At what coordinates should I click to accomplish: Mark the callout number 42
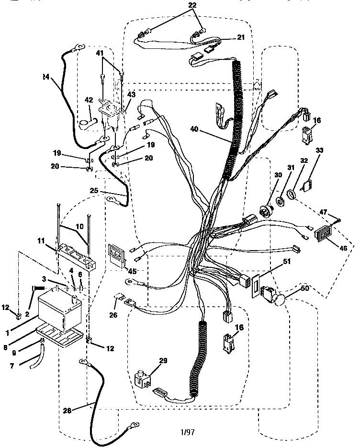coord(89,100)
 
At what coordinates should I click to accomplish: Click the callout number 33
coord(320,150)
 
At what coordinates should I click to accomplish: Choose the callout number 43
coord(131,94)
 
